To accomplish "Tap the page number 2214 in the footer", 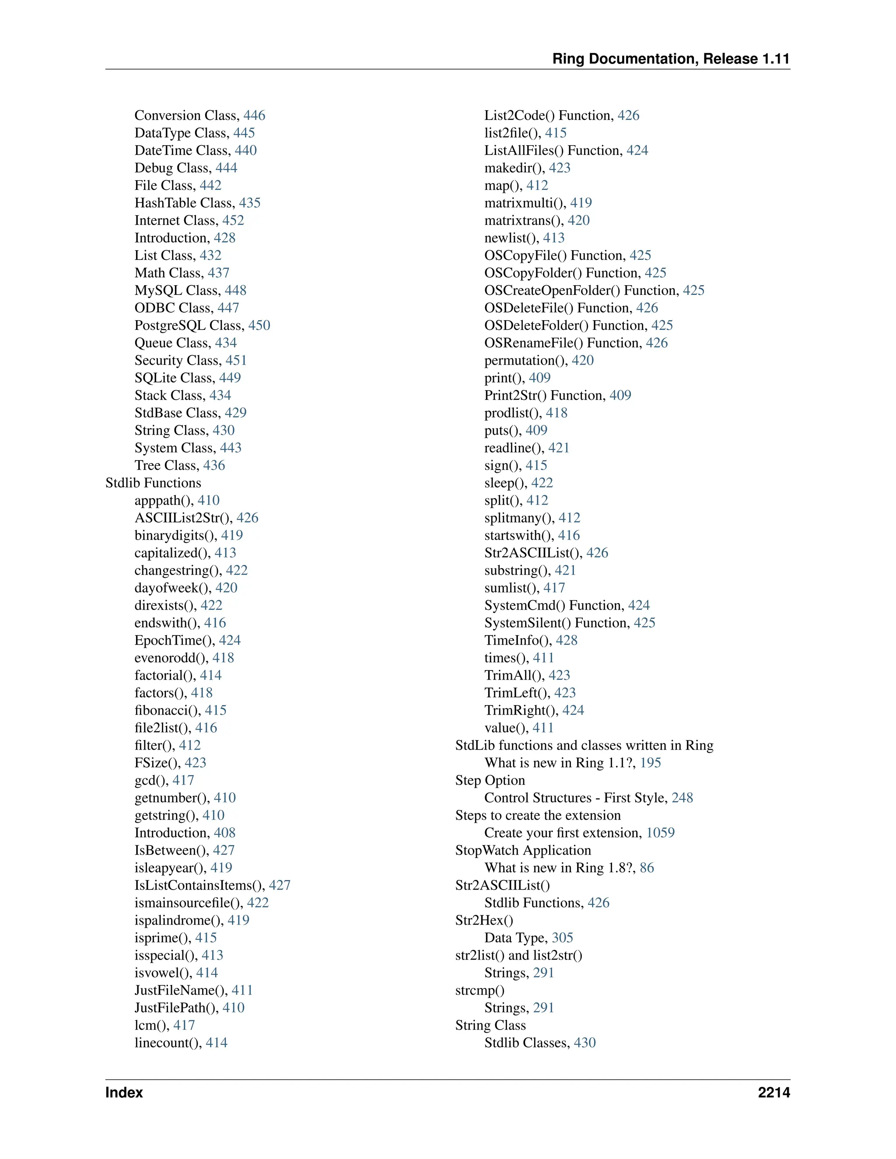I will pos(773,1092).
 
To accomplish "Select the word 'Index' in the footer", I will pos(124,1092).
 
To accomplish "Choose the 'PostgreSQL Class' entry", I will pos(189,325).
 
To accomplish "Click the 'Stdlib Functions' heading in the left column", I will pos(154,483).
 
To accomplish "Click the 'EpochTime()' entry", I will pos(174,641).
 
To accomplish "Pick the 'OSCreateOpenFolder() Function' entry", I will pos(580,290).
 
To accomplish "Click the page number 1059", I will pos(660,833).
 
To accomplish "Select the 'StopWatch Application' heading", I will pos(523,850).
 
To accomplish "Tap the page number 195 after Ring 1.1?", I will pos(650,763).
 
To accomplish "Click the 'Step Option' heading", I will pos(490,780).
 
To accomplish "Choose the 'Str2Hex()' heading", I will pos(484,920).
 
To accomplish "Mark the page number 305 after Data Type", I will pos(562,938).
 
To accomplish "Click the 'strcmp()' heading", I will pos(480,990).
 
